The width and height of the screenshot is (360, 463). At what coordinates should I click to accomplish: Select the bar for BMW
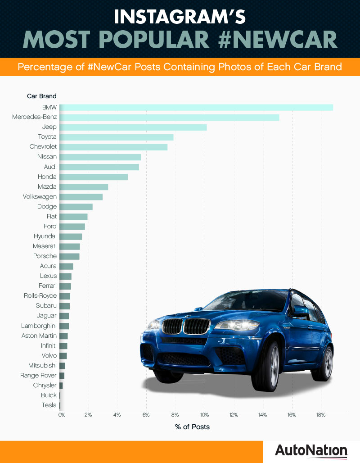click(x=196, y=107)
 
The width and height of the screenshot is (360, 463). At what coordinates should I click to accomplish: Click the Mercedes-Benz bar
click(x=169, y=117)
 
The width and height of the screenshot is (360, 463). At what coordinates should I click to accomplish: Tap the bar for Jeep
click(x=133, y=127)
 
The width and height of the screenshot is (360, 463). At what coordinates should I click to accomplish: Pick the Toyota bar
click(x=117, y=137)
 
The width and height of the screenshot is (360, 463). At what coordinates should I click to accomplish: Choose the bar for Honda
click(x=94, y=177)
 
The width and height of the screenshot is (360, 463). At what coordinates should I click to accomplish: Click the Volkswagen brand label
click(x=40, y=196)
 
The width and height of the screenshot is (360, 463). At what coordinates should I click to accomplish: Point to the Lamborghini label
click(x=39, y=326)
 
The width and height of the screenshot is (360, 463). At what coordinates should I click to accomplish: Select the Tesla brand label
click(x=49, y=405)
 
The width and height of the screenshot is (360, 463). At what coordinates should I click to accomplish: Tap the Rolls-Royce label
click(x=40, y=296)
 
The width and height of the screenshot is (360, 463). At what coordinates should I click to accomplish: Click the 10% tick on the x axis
click(x=205, y=414)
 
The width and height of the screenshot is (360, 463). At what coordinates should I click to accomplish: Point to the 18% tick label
click(x=320, y=414)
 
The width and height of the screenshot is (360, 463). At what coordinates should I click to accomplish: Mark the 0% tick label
click(x=62, y=414)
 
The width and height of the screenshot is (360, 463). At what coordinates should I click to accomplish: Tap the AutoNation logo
click(x=311, y=451)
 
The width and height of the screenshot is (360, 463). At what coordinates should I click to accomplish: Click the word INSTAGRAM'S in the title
click(x=180, y=16)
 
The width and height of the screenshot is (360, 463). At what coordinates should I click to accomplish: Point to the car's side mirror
click(x=300, y=310)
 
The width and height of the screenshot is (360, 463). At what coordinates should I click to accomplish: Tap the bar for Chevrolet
click(x=113, y=147)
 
